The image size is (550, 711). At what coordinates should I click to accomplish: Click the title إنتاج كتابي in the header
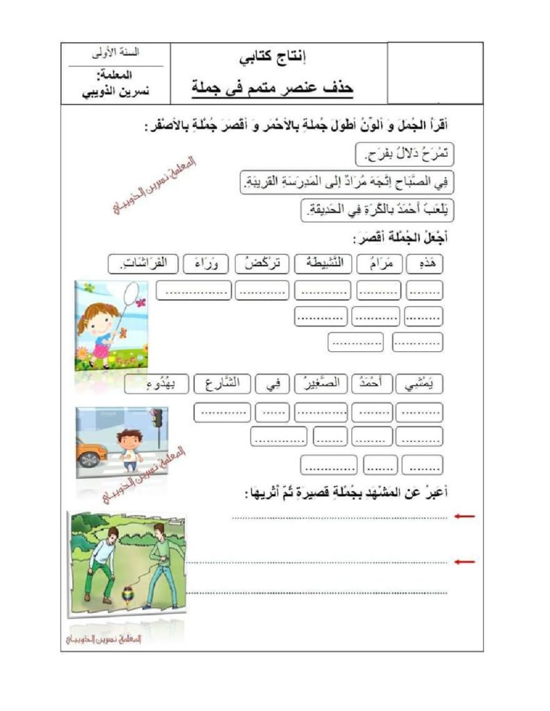tap(277, 58)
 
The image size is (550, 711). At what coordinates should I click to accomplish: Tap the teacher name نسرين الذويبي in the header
tap(115, 90)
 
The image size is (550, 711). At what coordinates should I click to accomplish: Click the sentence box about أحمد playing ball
tap(375, 210)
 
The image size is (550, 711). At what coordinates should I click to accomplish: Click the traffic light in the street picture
tap(157, 418)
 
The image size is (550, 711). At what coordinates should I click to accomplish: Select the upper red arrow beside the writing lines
tap(464, 517)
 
